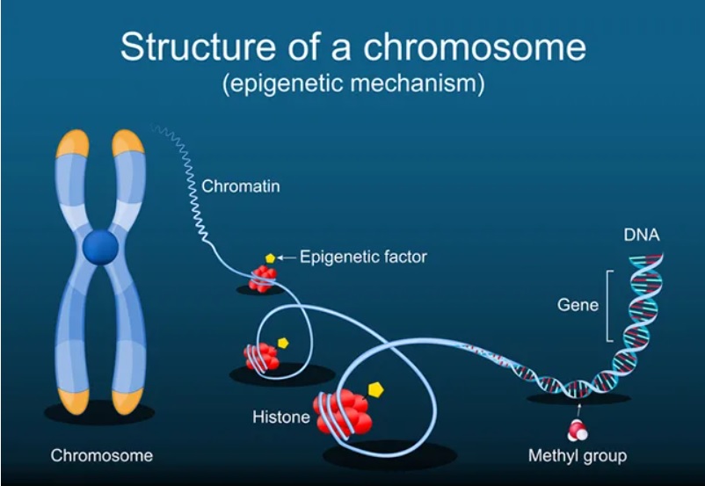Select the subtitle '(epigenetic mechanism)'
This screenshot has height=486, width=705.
click(x=352, y=85)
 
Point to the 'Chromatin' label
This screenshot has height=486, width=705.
click(x=240, y=186)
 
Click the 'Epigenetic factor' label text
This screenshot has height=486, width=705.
click(x=363, y=258)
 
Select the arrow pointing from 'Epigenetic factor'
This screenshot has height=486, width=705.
click(x=287, y=258)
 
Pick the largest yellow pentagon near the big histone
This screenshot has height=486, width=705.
click(x=376, y=388)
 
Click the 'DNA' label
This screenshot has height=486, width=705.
click(x=641, y=235)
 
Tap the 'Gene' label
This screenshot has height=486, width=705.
click(x=578, y=305)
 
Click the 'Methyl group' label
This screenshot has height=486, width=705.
click(x=577, y=456)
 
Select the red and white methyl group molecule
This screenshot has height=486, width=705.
click(x=578, y=429)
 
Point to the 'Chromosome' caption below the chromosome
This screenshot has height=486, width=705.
click(x=101, y=456)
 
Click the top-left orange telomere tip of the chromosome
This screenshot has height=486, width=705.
click(x=72, y=142)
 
